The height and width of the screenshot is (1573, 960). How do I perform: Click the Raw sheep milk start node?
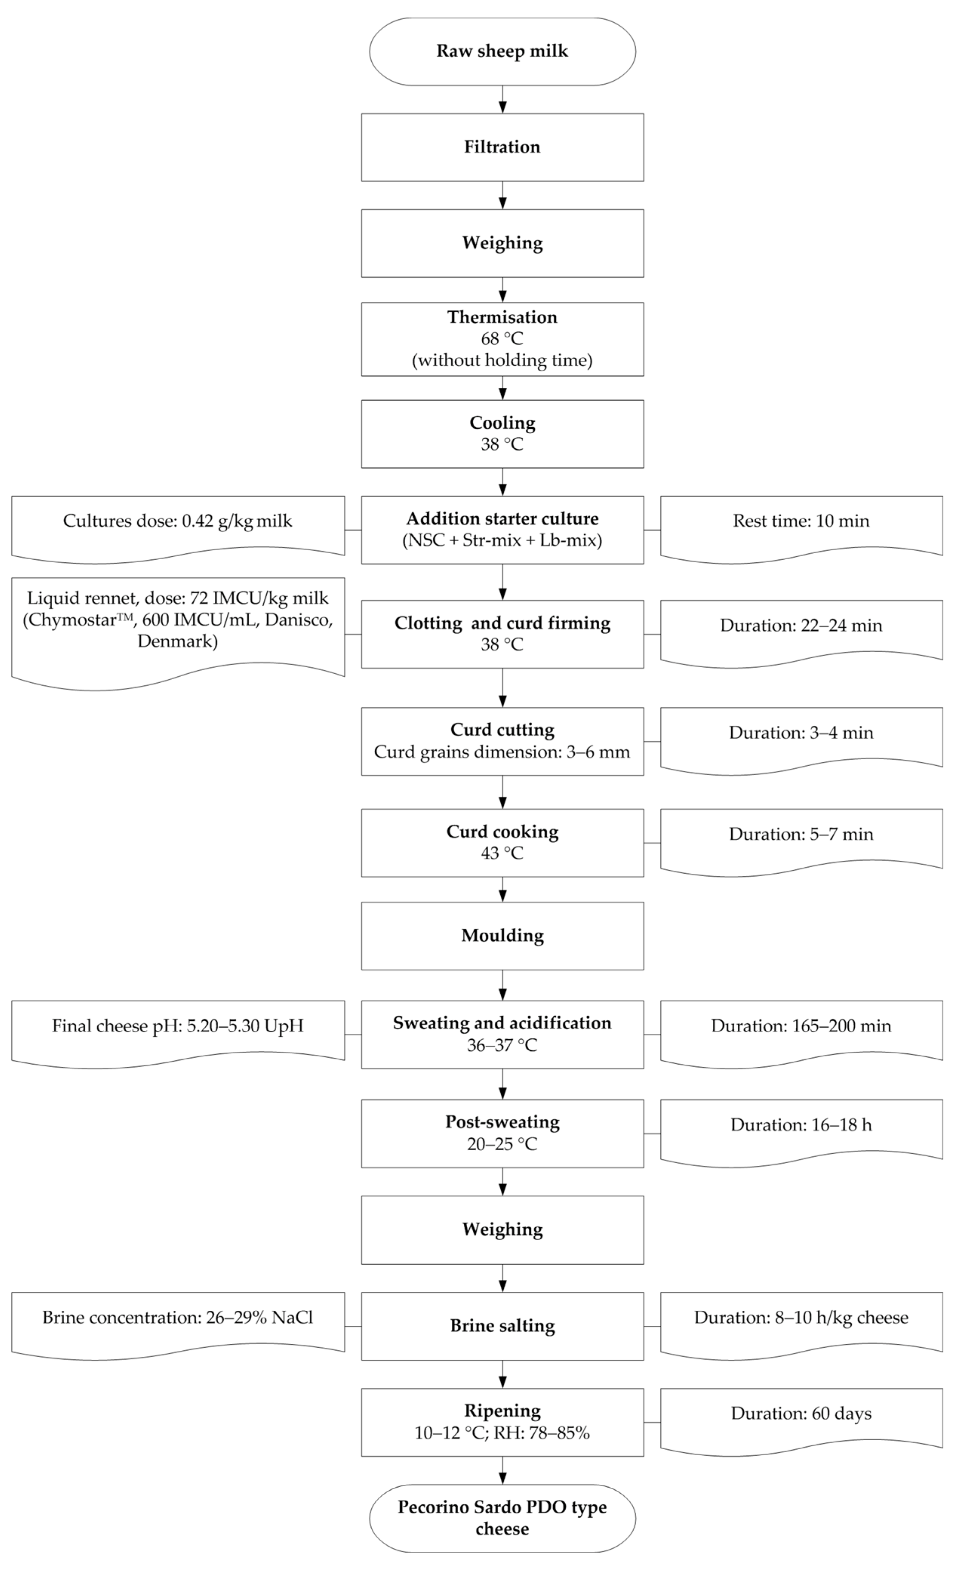coord(502,51)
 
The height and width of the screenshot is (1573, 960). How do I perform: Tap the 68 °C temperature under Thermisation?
coord(502,339)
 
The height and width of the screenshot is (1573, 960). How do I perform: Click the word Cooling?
coord(502,423)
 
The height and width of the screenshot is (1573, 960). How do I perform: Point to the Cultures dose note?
coord(177,521)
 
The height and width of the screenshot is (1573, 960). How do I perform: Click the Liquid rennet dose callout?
coord(177,619)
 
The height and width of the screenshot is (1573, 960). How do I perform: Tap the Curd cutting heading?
coord(502,730)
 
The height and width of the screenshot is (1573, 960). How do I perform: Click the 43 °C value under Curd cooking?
coord(502,853)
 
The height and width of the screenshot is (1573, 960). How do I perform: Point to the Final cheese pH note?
coord(177,1026)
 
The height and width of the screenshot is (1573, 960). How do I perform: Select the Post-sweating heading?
coord(502,1122)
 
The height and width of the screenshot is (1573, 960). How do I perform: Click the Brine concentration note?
coord(177,1318)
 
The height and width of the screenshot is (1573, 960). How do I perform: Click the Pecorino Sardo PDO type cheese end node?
coord(502,1518)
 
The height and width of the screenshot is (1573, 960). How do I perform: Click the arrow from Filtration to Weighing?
coord(502,195)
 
